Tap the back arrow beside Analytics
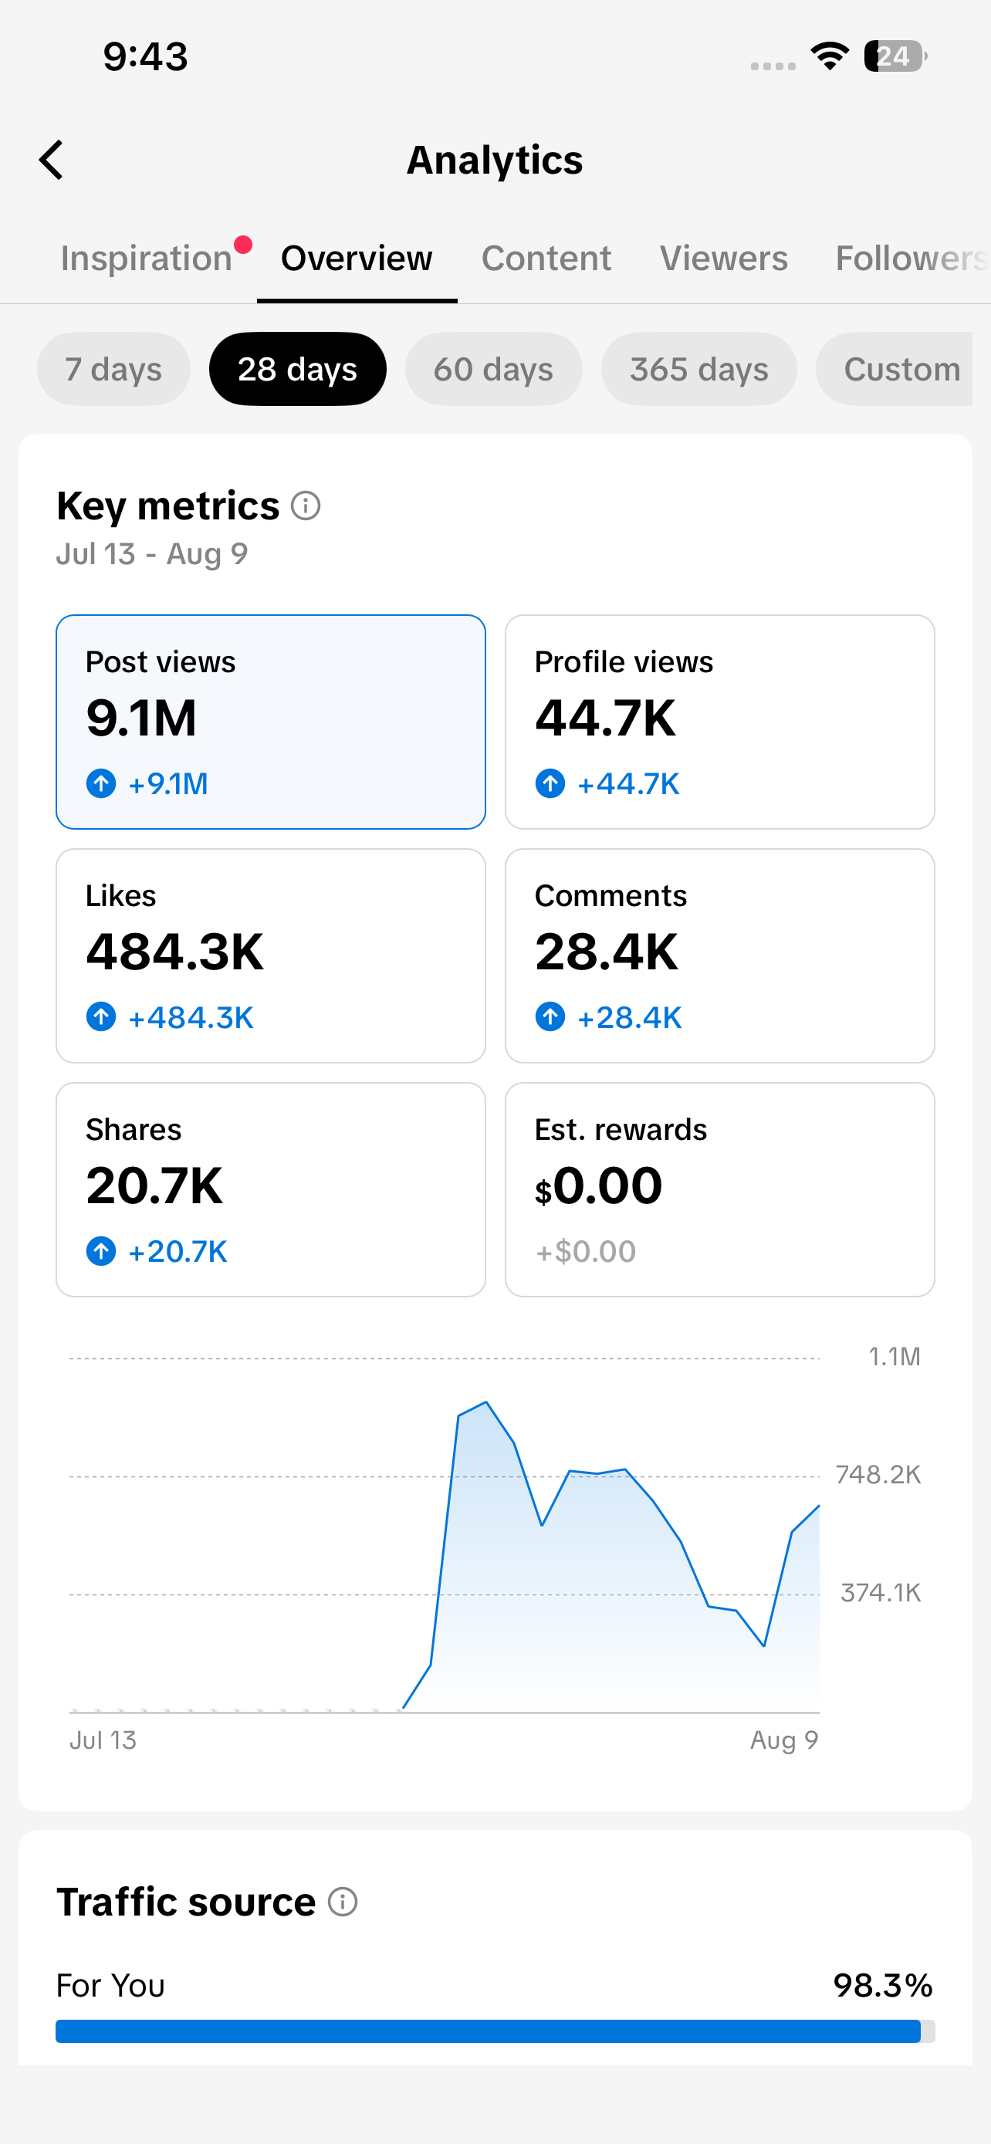(x=51, y=160)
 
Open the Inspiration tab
(x=147, y=258)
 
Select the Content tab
(x=546, y=258)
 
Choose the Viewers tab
(x=724, y=258)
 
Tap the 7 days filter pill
(x=114, y=369)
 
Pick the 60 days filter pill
(x=493, y=369)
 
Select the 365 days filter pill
(x=699, y=369)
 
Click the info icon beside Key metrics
(x=306, y=506)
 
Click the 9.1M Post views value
(x=141, y=719)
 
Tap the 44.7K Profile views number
(x=606, y=719)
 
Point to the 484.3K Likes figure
(x=174, y=952)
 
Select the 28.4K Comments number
(x=607, y=952)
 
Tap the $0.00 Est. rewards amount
(x=599, y=1186)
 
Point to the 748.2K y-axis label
(x=878, y=1475)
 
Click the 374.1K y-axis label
(x=881, y=1593)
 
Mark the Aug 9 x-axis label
(x=785, y=1740)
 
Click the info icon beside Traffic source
(x=343, y=1902)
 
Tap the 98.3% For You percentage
(x=883, y=1986)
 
